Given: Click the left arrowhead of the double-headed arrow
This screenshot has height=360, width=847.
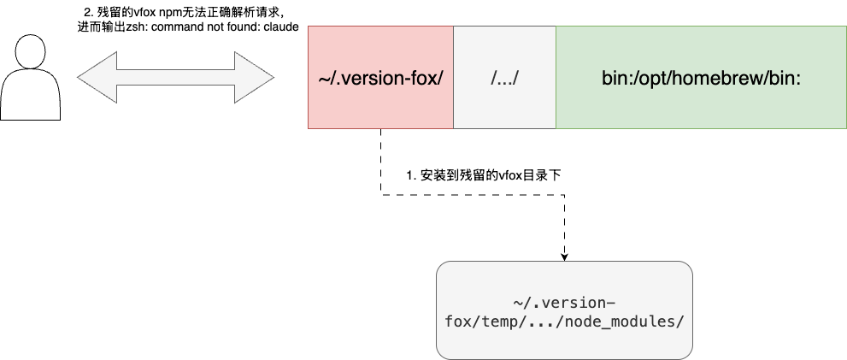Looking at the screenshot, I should point(96,77).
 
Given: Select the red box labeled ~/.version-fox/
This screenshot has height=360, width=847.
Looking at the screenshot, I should point(379,78).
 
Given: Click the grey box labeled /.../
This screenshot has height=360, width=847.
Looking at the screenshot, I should point(504,78).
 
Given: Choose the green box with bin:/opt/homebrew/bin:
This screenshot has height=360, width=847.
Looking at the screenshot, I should point(701,78).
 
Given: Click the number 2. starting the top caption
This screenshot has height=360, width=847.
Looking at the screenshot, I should point(88,12).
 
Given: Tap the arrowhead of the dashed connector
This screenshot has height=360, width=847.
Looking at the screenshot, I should point(564,256).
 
